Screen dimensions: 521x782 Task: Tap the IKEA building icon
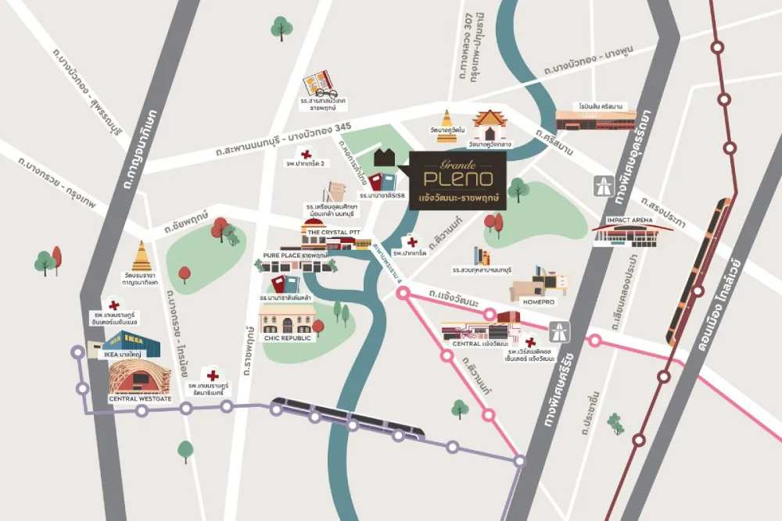click(131, 344)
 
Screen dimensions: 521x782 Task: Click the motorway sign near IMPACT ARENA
click(603, 185)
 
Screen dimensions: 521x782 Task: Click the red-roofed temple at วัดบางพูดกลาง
click(490, 125)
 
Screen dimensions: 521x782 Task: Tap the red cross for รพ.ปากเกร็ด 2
click(306, 154)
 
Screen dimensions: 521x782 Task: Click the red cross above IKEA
click(114, 305)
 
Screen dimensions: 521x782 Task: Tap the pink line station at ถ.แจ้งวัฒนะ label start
click(404, 294)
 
